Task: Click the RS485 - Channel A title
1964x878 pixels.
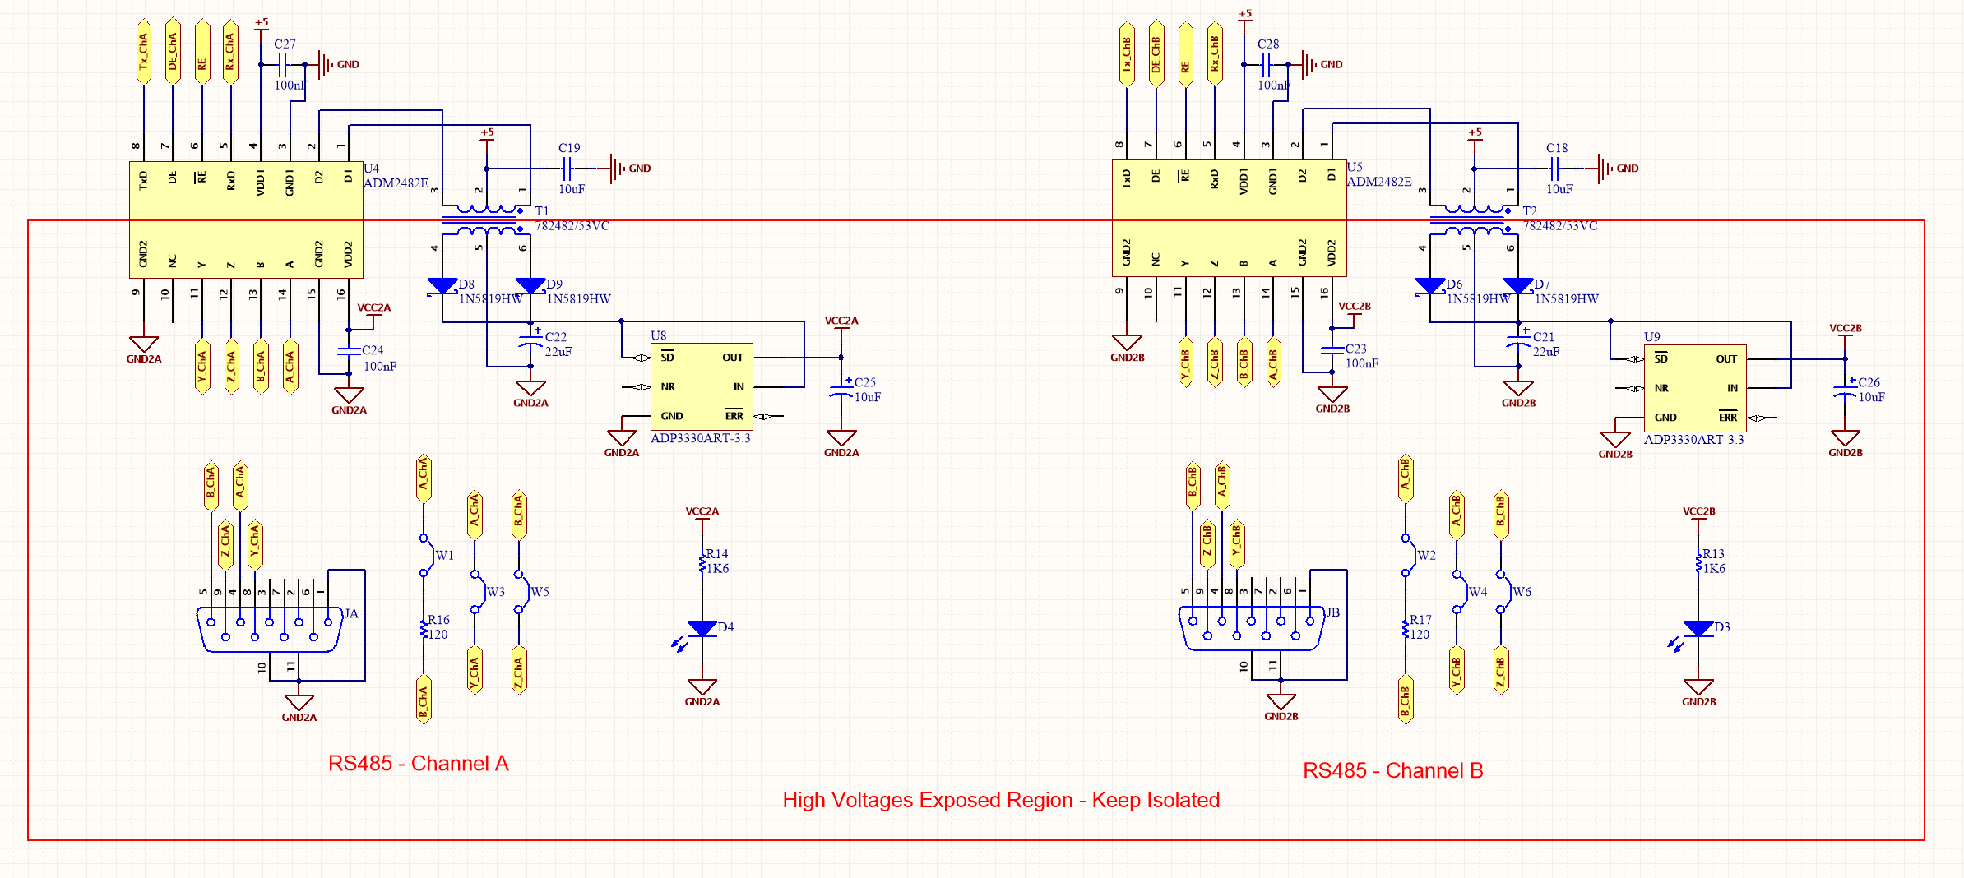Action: coord(418,764)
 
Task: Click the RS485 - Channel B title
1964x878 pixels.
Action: coord(1392,771)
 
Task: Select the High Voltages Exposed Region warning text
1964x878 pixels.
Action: coord(1000,800)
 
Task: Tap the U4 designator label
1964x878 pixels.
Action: coord(372,169)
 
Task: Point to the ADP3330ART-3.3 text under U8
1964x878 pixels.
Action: coord(700,438)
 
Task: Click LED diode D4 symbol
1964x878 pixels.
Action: coord(702,629)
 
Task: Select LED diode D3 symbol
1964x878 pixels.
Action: coord(1698,629)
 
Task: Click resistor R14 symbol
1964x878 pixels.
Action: coord(702,563)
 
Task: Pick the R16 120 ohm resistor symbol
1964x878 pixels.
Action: coord(424,629)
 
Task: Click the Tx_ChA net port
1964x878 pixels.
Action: coord(144,52)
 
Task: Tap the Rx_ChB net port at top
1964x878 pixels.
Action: coord(1215,52)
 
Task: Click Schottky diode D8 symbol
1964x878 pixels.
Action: coord(442,286)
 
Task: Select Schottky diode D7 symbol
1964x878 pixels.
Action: coord(1518,286)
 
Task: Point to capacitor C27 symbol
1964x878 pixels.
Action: coord(283,64)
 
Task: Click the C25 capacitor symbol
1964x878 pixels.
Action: coord(841,390)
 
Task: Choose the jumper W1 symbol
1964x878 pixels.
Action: coord(424,556)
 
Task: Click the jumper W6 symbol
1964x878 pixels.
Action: coord(1502,592)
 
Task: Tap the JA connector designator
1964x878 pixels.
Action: coord(351,613)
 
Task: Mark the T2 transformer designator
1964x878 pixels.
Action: coord(1530,211)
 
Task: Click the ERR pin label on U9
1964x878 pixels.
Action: coord(1728,418)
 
